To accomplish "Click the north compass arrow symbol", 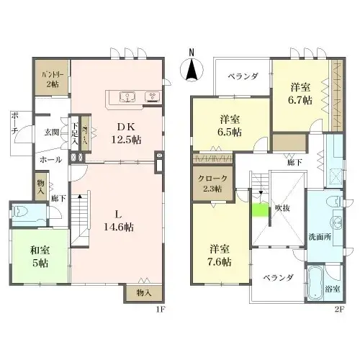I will pos(191,71).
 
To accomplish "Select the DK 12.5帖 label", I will pos(130,133).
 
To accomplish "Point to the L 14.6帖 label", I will pos(120,220).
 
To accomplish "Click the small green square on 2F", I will pos(258,211).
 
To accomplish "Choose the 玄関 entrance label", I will pos(53,132).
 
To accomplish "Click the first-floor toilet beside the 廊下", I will pos(22,213).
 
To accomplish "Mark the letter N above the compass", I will pos(191,52).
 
